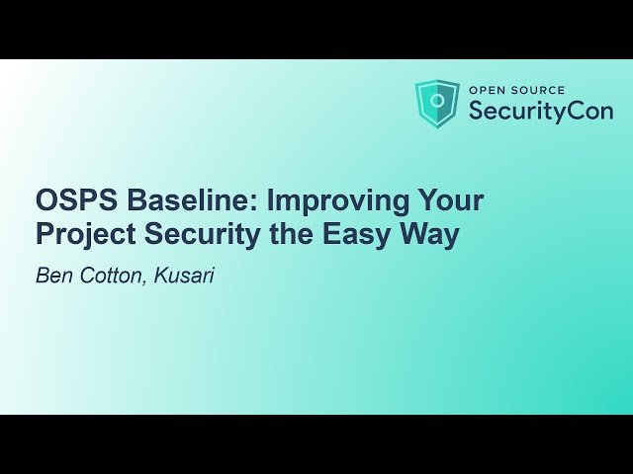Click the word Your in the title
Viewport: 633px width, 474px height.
450,200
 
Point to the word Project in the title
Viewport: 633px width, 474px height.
82,237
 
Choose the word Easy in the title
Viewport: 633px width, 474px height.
356,237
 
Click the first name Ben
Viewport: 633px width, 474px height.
52,276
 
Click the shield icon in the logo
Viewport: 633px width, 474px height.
437,104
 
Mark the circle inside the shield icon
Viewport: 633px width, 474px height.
437,102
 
